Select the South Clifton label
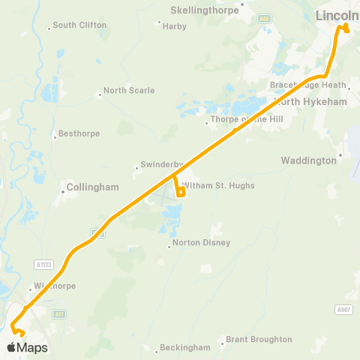80,25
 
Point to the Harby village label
175,25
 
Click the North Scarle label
129,91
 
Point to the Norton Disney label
201,243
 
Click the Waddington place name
308,160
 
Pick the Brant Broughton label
259,339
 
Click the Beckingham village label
185,348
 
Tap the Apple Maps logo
26,347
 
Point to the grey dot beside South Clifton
49,28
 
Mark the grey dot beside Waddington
340,155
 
